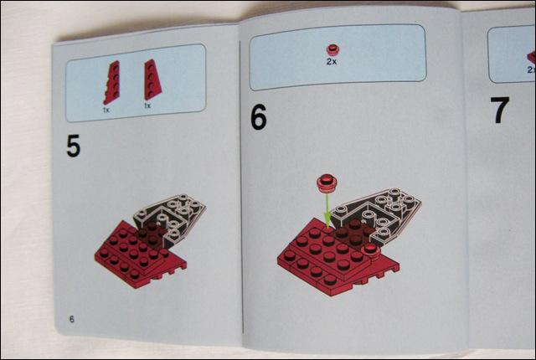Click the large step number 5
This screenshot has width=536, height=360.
coord(73,146)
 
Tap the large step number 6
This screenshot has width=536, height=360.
coord(259,117)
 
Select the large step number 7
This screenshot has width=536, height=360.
coord(500,110)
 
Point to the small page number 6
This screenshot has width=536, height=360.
coord(71,319)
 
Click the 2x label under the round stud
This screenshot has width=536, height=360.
coord(332,61)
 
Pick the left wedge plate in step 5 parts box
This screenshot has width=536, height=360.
coord(112,82)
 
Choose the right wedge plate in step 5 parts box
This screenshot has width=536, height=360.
coord(152,80)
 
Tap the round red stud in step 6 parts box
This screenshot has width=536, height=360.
coord(332,50)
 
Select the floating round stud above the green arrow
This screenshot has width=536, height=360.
coord(327,183)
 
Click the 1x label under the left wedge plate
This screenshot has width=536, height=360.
coord(106,110)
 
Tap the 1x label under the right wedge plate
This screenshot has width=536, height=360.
coord(147,105)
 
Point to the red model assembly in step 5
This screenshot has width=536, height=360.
coord(140,254)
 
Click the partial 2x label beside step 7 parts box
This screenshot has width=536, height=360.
coord(531,69)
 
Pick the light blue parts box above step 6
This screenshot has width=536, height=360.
coord(338,57)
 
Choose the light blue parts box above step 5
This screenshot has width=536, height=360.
coord(136,83)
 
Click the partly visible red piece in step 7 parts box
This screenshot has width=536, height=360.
coord(532,58)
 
